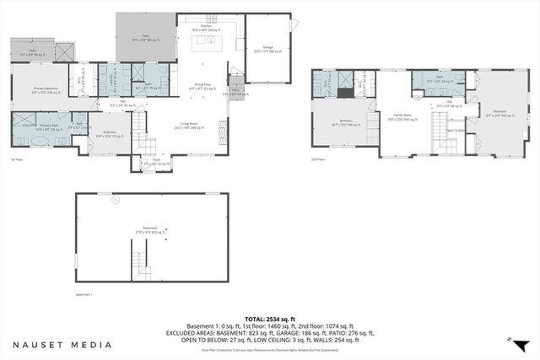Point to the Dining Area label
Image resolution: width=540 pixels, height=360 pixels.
[202, 85]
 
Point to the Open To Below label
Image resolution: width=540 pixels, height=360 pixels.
[454, 131]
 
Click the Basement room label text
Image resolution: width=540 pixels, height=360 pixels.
[153, 228]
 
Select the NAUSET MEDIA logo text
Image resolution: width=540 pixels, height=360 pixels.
[62, 344]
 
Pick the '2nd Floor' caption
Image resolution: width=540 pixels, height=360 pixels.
[317, 157]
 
